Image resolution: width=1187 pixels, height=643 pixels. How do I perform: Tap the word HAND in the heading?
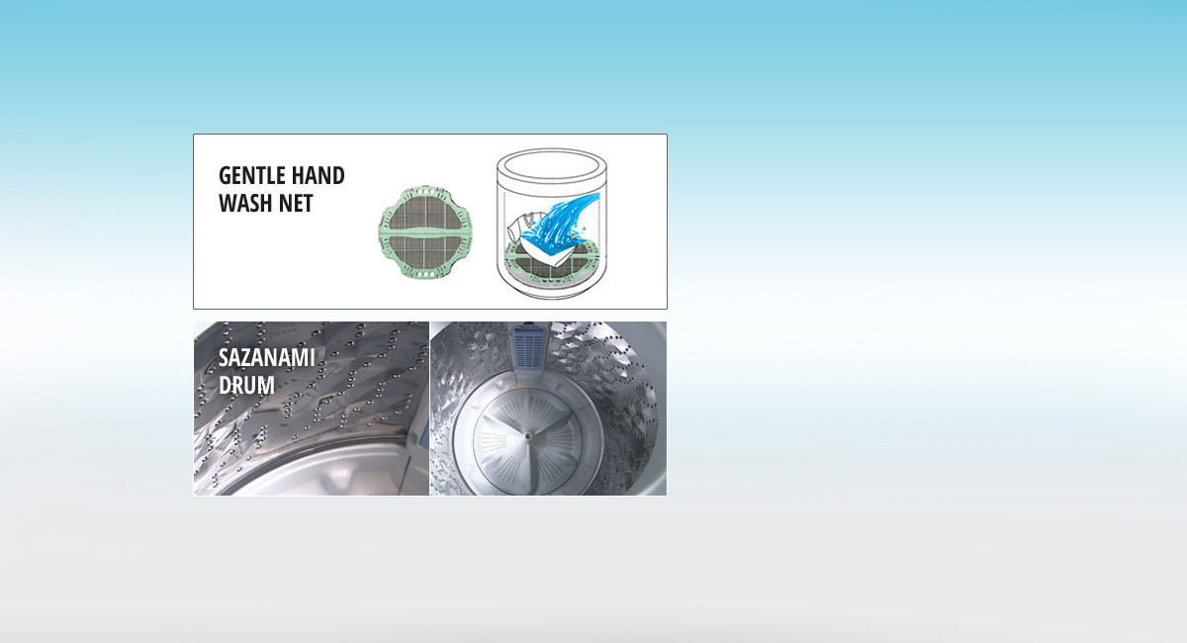[x=319, y=176]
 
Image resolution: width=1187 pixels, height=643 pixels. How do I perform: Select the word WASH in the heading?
[x=247, y=205]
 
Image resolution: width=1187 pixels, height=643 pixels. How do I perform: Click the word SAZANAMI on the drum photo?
[x=266, y=357]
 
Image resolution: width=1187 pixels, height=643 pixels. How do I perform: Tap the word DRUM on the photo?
[x=246, y=385]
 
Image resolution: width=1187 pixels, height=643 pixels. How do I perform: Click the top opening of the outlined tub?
[x=550, y=162]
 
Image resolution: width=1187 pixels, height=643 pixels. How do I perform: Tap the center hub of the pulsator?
[x=530, y=432]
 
